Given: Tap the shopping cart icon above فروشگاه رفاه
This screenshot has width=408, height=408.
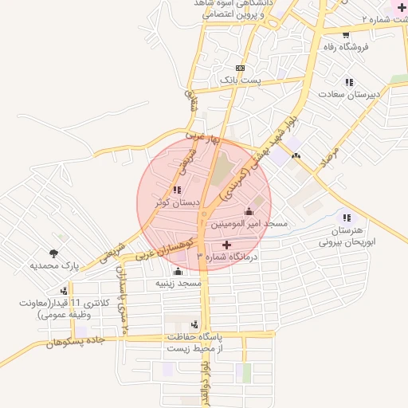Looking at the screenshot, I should pyautogui.click(x=345, y=34).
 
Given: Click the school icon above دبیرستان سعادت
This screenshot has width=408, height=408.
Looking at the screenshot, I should pyautogui.click(x=348, y=82).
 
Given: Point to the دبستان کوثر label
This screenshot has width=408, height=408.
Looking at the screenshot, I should pyautogui.click(x=177, y=202).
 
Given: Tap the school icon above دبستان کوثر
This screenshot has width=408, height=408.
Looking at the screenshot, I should pyautogui.click(x=176, y=190).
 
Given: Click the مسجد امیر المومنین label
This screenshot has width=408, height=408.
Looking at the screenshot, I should pyautogui.click(x=249, y=225).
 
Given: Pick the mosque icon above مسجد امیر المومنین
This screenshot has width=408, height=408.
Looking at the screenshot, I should pyautogui.click(x=249, y=211).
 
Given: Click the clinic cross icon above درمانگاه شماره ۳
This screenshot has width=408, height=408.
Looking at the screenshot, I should pyautogui.click(x=226, y=244).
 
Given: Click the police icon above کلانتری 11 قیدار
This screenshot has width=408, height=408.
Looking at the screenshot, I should pyautogui.click(x=63, y=292).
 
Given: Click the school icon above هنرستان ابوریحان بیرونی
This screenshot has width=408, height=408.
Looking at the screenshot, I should pyautogui.click(x=345, y=218).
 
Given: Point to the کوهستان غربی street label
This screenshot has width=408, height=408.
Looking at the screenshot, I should pyautogui.click(x=163, y=253).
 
